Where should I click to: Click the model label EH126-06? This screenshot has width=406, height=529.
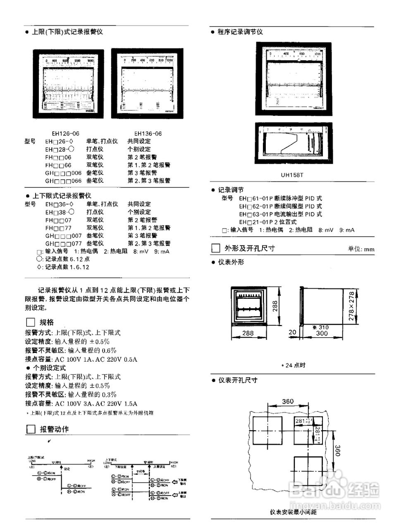coord(65,133)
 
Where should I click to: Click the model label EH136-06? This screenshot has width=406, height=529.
coord(148,133)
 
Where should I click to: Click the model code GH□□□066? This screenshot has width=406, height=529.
coord(63,181)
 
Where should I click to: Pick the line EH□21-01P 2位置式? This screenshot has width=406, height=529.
coord(267,222)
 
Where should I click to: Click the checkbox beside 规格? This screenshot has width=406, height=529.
coord(30,322)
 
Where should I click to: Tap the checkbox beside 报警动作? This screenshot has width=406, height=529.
coord(31,429)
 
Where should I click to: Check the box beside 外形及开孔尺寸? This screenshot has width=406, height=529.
coord(215,248)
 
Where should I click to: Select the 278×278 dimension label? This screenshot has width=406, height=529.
coord(352,306)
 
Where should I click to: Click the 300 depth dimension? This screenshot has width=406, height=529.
coord(322,334)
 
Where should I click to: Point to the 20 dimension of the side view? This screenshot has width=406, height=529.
coord(293,332)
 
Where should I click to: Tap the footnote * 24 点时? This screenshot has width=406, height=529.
coord(293,365)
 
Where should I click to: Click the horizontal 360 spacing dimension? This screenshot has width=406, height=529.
coord(288,401)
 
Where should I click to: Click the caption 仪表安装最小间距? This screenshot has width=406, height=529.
coord(294,512)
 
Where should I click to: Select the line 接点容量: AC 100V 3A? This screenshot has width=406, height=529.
coord(81,403)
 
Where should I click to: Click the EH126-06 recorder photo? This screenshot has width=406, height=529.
coord(68,83)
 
